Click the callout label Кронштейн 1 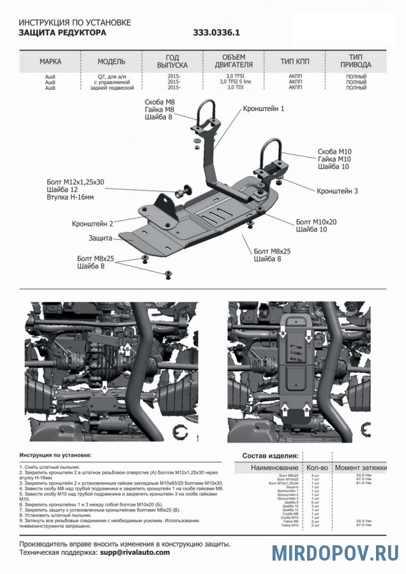[x=263, y=109]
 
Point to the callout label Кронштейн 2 [x=93, y=223]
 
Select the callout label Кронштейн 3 [x=338, y=191]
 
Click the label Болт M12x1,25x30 [x=75, y=182]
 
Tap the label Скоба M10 [x=335, y=152]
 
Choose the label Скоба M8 [x=160, y=102]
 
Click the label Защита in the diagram [x=100, y=238]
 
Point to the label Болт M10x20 [x=316, y=221]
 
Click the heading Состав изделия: [x=270, y=456]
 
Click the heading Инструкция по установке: [x=56, y=456]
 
